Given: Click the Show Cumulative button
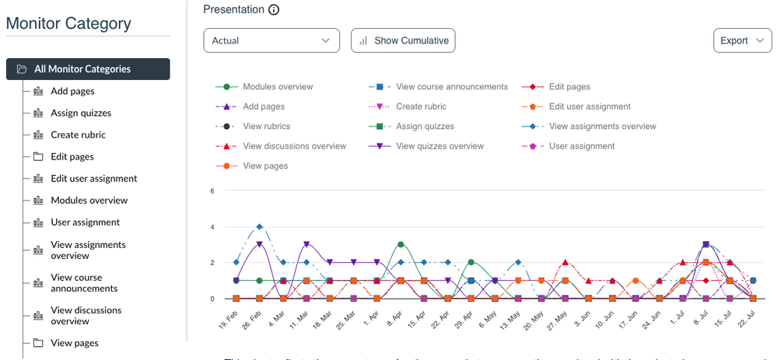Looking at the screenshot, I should pyautogui.click(x=403, y=40).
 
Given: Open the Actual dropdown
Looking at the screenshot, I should pyautogui.click(x=271, y=40).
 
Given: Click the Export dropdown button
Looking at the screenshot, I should pyautogui.click(x=742, y=40).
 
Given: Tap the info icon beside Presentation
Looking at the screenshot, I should pyautogui.click(x=273, y=10).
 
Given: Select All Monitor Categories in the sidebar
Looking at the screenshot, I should pyautogui.click(x=88, y=69).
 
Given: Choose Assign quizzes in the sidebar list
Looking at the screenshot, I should pyautogui.click(x=81, y=113).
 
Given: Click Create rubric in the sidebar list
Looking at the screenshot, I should pyautogui.click(x=78, y=135).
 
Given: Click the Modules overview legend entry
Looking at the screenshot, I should pyautogui.click(x=277, y=87).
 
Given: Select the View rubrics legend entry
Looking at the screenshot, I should pyautogui.click(x=266, y=126).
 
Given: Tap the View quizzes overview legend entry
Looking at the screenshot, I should pyautogui.click(x=439, y=146).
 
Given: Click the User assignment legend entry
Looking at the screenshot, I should pyautogui.click(x=581, y=146).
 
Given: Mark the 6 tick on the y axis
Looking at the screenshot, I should pyautogui.click(x=212, y=190).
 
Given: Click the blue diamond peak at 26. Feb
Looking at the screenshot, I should pyautogui.click(x=259, y=227).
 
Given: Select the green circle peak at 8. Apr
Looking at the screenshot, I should pyautogui.click(x=401, y=244).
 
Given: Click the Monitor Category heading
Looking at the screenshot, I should pyautogui.click(x=68, y=23).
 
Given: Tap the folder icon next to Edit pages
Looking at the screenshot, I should pyautogui.click(x=37, y=156).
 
